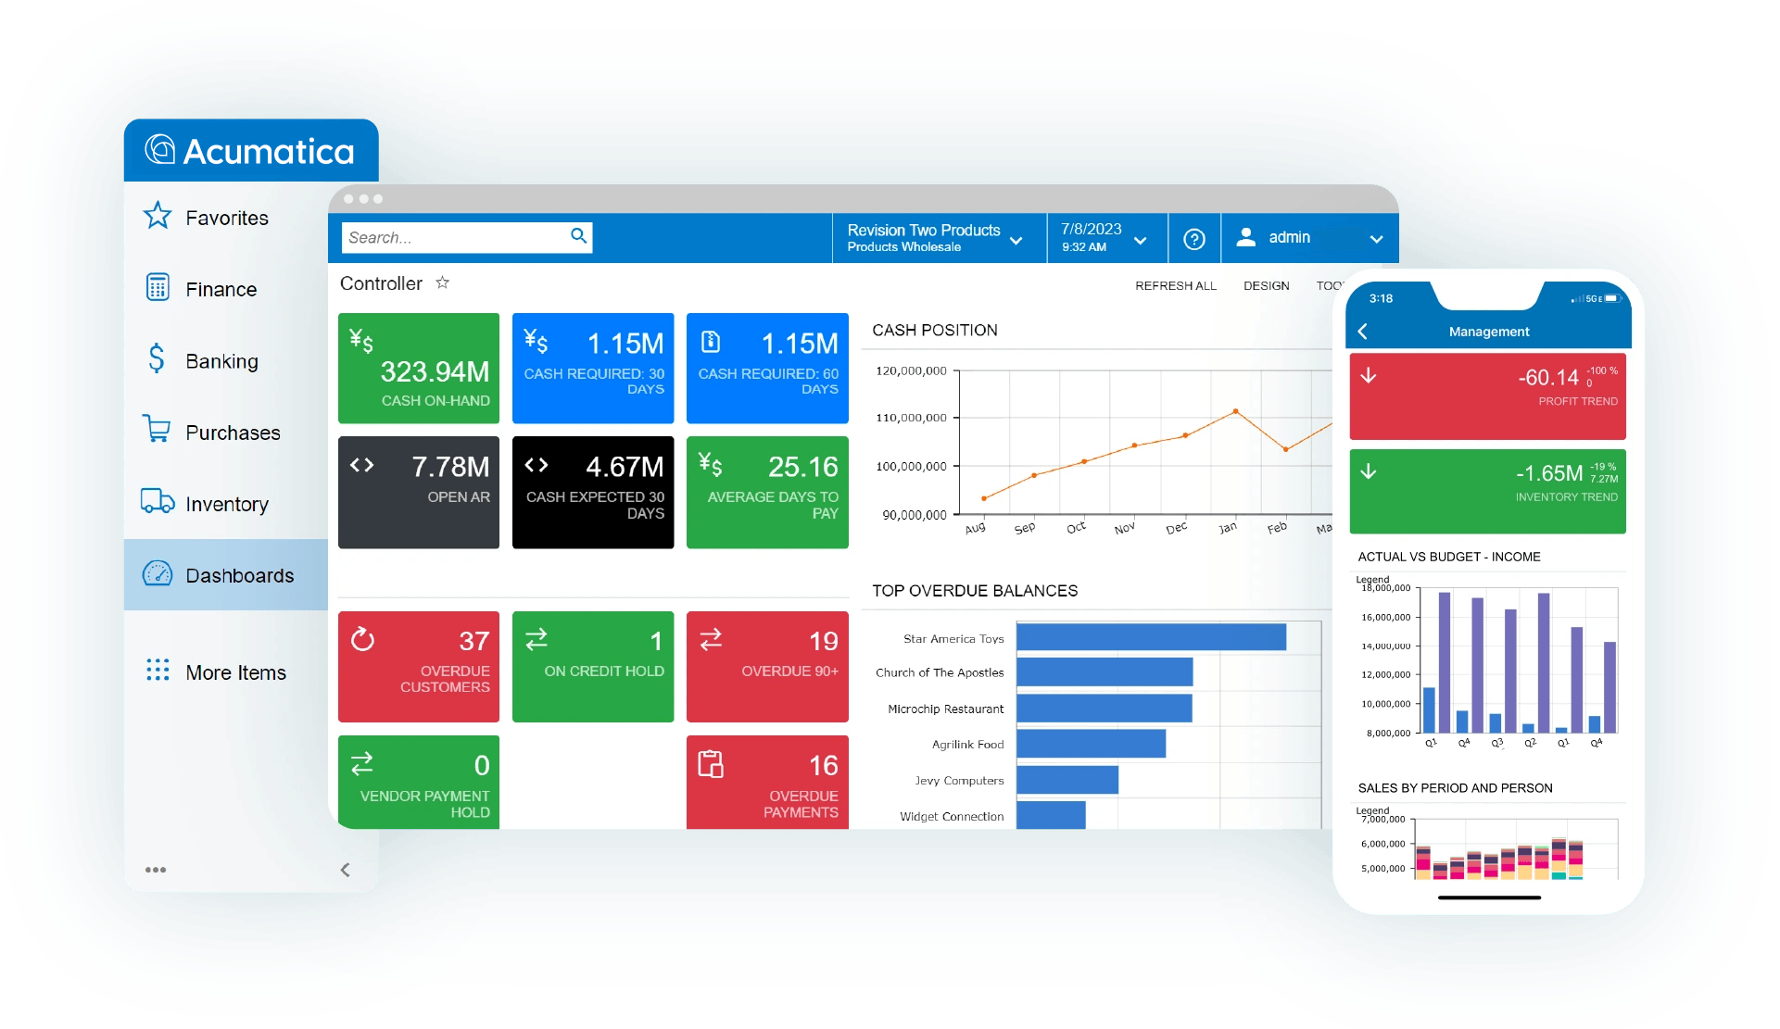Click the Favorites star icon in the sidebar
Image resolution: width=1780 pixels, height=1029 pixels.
158,217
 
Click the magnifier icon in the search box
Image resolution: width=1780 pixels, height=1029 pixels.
578,236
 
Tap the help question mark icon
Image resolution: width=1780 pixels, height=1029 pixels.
1194,239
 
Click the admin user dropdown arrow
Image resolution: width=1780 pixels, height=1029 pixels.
1376,239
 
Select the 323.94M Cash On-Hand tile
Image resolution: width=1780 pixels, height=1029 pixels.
419,368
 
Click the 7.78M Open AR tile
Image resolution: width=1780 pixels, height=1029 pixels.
419,492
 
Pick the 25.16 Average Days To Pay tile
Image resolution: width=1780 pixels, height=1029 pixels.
767,492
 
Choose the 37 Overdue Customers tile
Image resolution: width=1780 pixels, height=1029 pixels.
419,666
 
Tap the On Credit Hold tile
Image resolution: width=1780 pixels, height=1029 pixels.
593,666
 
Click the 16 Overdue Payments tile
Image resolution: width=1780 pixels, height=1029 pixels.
767,782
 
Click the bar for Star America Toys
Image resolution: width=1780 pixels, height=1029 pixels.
1151,637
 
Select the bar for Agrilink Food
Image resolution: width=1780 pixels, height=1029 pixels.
1091,744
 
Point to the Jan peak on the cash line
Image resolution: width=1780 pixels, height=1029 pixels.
1235,411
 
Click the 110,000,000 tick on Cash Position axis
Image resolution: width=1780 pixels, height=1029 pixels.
911,418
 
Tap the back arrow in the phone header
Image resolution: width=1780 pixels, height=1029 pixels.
1362,332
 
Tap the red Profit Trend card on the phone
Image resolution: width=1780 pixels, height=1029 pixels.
1487,396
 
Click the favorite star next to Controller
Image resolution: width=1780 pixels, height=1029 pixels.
443,282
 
